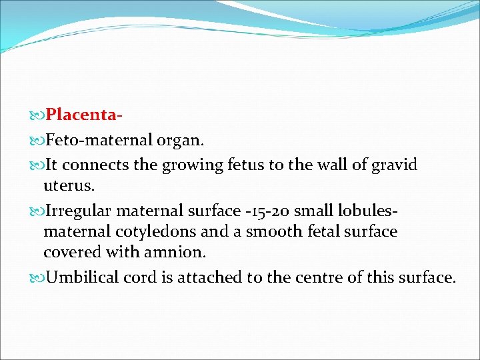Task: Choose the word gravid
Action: (x=393, y=165)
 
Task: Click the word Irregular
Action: (x=78, y=211)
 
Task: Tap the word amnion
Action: (x=179, y=253)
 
